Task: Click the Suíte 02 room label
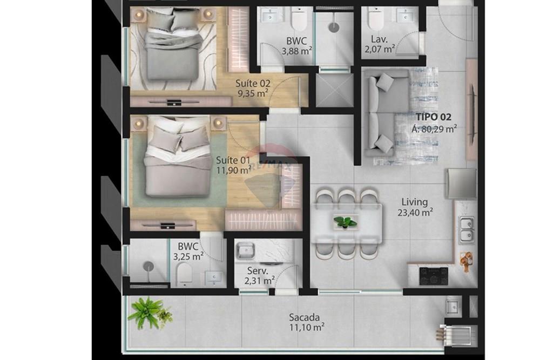[x=253, y=83]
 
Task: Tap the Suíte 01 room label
[x=233, y=160]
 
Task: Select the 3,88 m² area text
[x=297, y=51]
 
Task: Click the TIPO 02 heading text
[x=433, y=117]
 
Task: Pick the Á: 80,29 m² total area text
[x=435, y=128]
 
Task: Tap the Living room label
[x=414, y=202]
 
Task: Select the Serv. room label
[x=257, y=270]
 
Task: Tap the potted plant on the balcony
[x=146, y=313]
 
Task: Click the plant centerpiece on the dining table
[x=345, y=221]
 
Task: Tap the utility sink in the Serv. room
[x=246, y=250]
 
